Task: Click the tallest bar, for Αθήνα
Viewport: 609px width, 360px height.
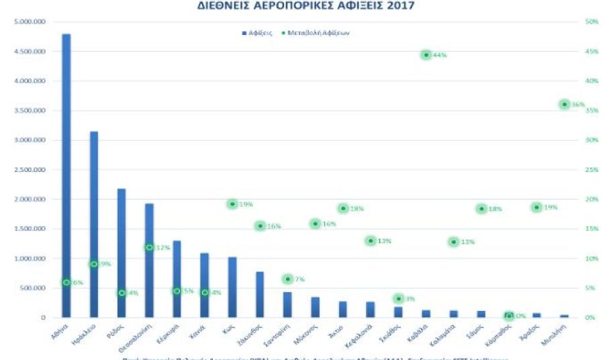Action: point(66,175)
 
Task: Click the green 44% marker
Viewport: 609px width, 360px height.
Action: point(426,54)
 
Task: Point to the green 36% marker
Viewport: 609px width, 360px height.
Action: point(564,104)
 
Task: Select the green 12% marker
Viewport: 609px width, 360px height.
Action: point(150,247)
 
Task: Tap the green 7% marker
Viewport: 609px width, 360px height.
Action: point(287,279)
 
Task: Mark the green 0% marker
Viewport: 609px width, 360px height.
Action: point(509,316)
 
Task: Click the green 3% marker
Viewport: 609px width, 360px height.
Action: point(398,298)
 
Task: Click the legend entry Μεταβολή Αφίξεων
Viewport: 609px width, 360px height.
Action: point(317,34)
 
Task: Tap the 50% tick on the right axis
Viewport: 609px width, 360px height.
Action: point(592,21)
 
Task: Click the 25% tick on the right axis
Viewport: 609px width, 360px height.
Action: point(592,170)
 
